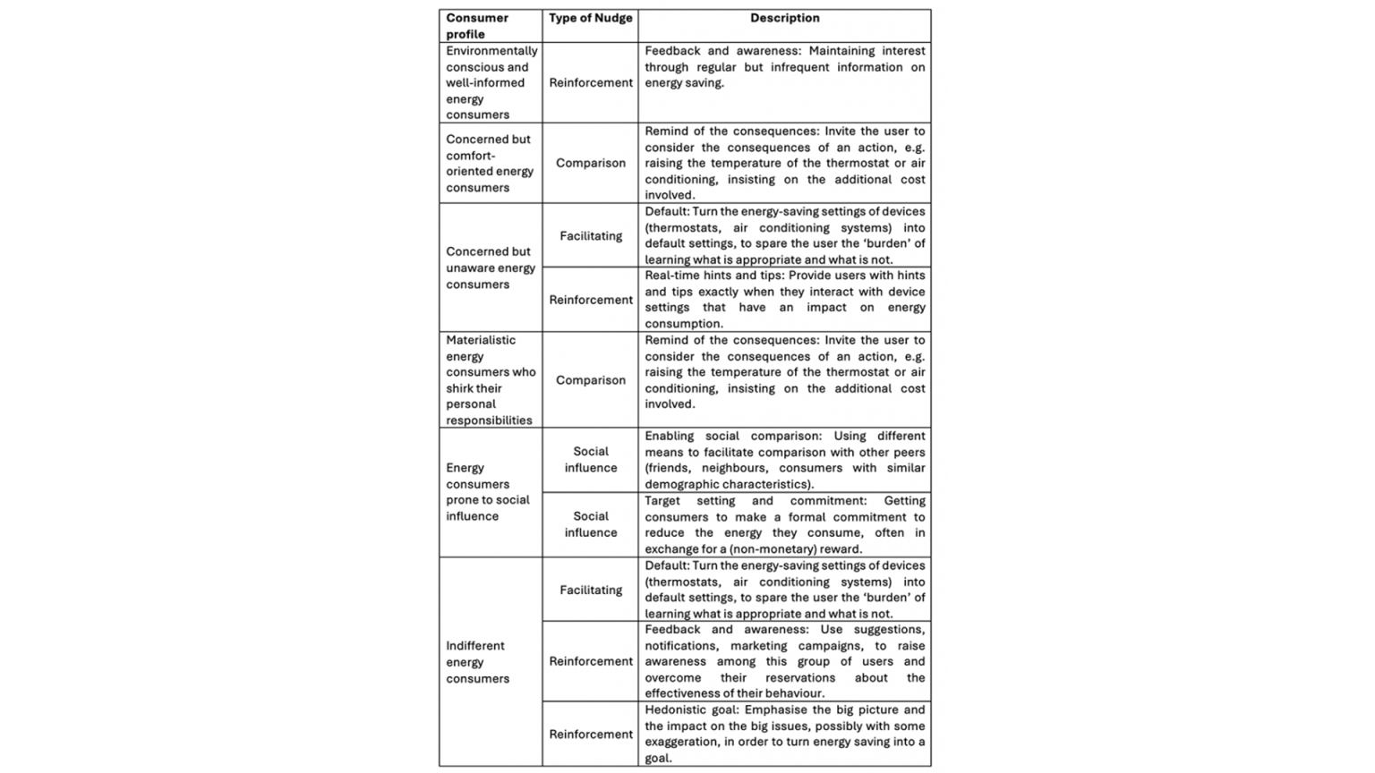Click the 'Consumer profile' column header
[x=478, y=26]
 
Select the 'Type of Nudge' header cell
[x=590, y=18]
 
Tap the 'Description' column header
[x=784, y=18]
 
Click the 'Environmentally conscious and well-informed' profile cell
[x=491, y=82]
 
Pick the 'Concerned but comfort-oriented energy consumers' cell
[x=490, y=163]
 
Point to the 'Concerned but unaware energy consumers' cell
[x=491, y=268]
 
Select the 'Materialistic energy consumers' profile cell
[x=491, y=380]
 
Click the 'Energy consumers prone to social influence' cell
[x=488, y=492]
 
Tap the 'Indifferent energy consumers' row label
[x=477, y=662]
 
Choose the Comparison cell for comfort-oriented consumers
[x=590, y=163]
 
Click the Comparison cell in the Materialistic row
[x=590, y=380]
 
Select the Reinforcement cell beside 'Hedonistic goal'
[x=590, y=735]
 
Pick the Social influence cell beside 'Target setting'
[x=590, y=524]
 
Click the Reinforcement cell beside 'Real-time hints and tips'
[x=590, y=300]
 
